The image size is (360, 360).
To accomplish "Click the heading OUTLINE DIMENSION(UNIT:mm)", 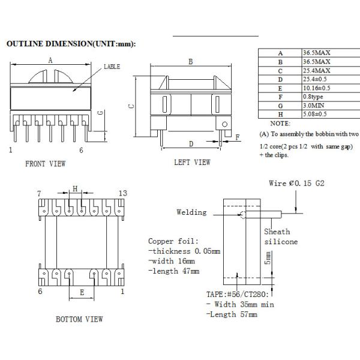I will (70, 44).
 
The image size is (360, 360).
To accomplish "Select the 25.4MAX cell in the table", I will (316, 71).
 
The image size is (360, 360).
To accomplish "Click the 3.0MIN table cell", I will (316, 105).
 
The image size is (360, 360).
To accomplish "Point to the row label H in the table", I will (280, 113).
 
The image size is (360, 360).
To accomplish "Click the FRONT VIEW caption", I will (45, 163).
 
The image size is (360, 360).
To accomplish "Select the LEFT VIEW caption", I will (192, 162).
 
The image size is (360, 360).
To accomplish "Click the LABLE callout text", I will (112, 68).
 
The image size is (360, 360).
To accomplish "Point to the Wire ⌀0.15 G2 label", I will (298, 182).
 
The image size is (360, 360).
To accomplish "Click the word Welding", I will (191, 212).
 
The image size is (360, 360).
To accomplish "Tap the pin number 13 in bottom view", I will (124, 193).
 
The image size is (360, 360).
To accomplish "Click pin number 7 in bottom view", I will (38, 193).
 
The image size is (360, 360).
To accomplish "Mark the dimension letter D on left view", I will (191, 143).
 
